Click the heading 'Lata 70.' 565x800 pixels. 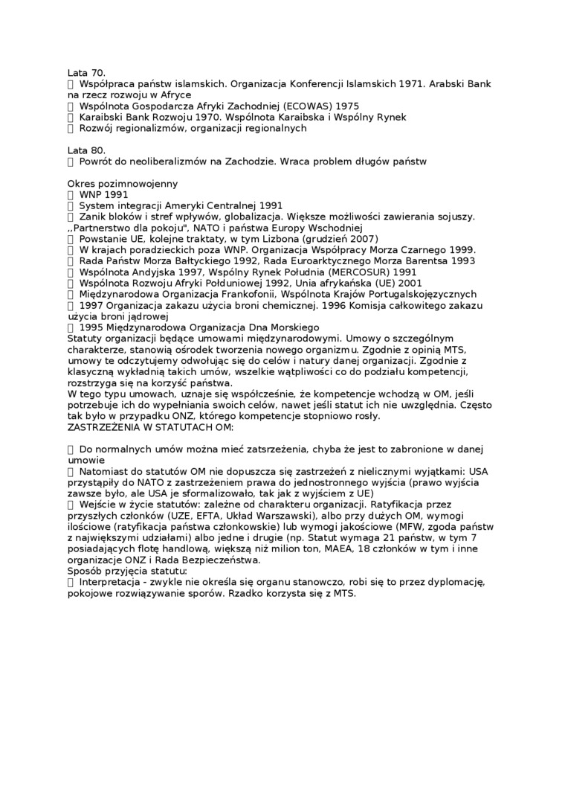point(86,73)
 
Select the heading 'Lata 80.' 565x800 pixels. point(86,150)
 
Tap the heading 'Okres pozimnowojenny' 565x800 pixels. point(122,184)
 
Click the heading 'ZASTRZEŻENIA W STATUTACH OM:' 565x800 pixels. point(151,427)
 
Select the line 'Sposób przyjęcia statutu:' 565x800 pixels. point(127,572)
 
